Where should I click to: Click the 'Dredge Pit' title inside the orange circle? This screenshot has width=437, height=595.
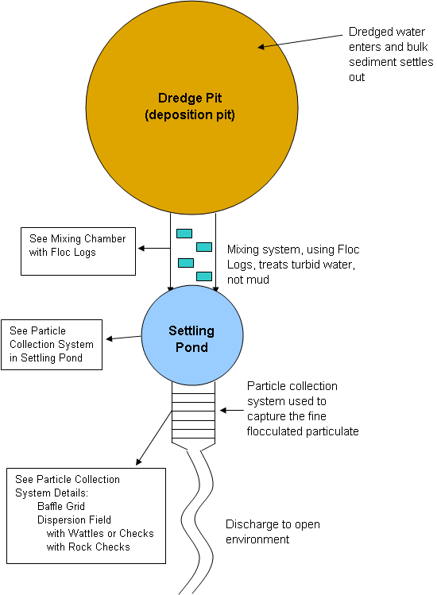coord(190,98)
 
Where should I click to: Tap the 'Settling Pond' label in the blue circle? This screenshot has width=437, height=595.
coord(191,339)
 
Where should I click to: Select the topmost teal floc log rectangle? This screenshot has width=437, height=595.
coord(184,234)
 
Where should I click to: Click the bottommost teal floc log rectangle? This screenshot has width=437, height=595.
coord(204,276)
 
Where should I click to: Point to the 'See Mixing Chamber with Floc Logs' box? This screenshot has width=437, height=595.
coord(78,251)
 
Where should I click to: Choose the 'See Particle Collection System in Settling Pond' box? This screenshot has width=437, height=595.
coord(52,345)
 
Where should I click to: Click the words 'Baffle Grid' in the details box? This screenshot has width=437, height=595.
coord(61,506)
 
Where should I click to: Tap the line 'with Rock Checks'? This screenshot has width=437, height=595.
coord(88,547)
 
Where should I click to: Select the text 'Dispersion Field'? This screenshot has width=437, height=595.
coord(74,520)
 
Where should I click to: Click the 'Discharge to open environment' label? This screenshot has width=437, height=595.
coord(273,531)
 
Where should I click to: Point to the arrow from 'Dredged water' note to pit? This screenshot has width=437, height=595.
coord(300,41)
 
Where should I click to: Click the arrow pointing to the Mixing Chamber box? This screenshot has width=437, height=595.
coord(154,249)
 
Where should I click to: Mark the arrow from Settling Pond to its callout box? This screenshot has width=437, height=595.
coord(123,338)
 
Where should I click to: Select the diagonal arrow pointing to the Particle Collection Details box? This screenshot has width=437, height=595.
coord(154,438)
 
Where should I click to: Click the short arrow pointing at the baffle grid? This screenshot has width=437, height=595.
coord(231,410)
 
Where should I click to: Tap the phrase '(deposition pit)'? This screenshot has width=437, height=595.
coord(190,114)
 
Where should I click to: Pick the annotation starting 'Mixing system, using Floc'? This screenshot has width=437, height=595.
coord(293,265)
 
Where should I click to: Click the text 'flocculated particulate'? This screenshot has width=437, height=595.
coord(303,431)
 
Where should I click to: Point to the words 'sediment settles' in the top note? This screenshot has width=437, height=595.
coord(391,62)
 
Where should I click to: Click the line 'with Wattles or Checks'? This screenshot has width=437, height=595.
coord(100,533)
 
